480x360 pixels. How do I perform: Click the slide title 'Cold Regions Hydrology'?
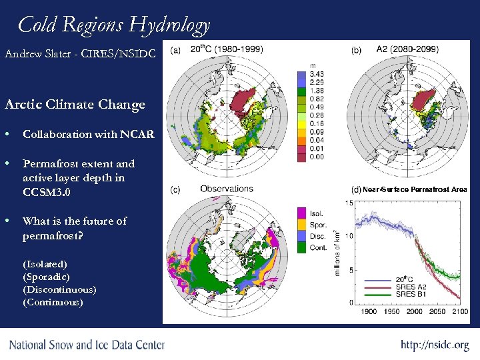click(114, 25)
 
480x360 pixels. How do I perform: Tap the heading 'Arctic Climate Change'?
click(75, 105)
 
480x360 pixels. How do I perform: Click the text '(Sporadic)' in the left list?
click(46, 276)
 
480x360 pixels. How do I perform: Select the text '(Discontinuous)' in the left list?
click(59, 289)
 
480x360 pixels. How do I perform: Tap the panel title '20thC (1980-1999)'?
click(227, 49)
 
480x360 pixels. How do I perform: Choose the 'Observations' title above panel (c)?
click(227, 189)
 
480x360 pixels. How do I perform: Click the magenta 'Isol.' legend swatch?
click(301, 213)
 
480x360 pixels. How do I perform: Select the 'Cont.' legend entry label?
click(318, 247)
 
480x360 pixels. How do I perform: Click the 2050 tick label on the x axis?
click(437, 312)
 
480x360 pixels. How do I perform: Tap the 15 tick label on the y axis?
click(350, 203)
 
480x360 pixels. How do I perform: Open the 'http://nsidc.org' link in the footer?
click(435, 345)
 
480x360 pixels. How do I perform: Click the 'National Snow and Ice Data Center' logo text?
click(87, 345)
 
